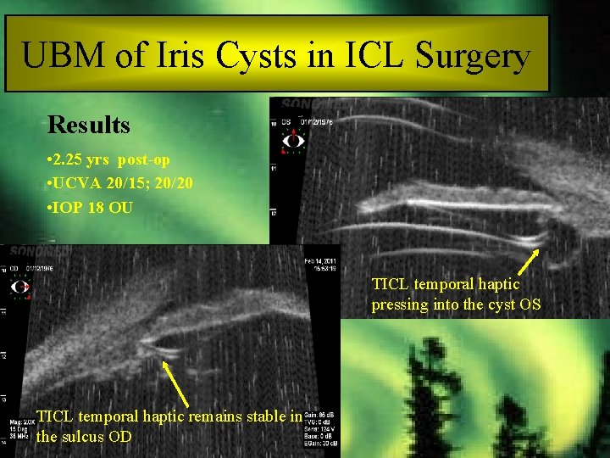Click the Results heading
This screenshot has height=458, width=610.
pos(89,126)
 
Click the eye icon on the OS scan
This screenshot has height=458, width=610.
pos(293,141)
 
